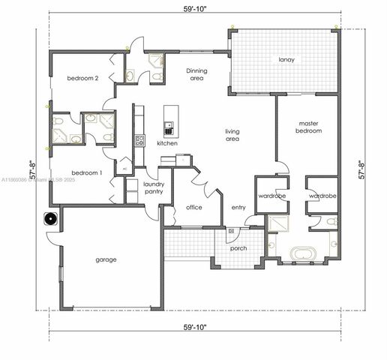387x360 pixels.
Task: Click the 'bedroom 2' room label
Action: tap(82, 79)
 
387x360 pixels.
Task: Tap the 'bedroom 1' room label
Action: tap(85, 172)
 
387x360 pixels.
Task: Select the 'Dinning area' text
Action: tap(196, 74)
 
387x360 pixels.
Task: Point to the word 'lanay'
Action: tap(285, 58)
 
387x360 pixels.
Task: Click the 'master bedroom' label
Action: tap(310, 127)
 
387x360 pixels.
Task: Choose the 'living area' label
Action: tap(232, 135)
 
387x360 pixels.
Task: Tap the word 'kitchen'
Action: tap(167, 142)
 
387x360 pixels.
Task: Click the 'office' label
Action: tap(193, 208)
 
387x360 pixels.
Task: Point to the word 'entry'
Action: tap(238, 208)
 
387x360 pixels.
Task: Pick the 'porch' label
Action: tap(238, 248)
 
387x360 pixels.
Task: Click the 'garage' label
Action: tap(106, 260)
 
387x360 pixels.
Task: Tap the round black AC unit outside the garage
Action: tap(50, 220)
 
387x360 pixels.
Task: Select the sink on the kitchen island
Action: tap(169, 124)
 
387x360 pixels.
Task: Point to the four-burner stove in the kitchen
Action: tap(139, 140)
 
